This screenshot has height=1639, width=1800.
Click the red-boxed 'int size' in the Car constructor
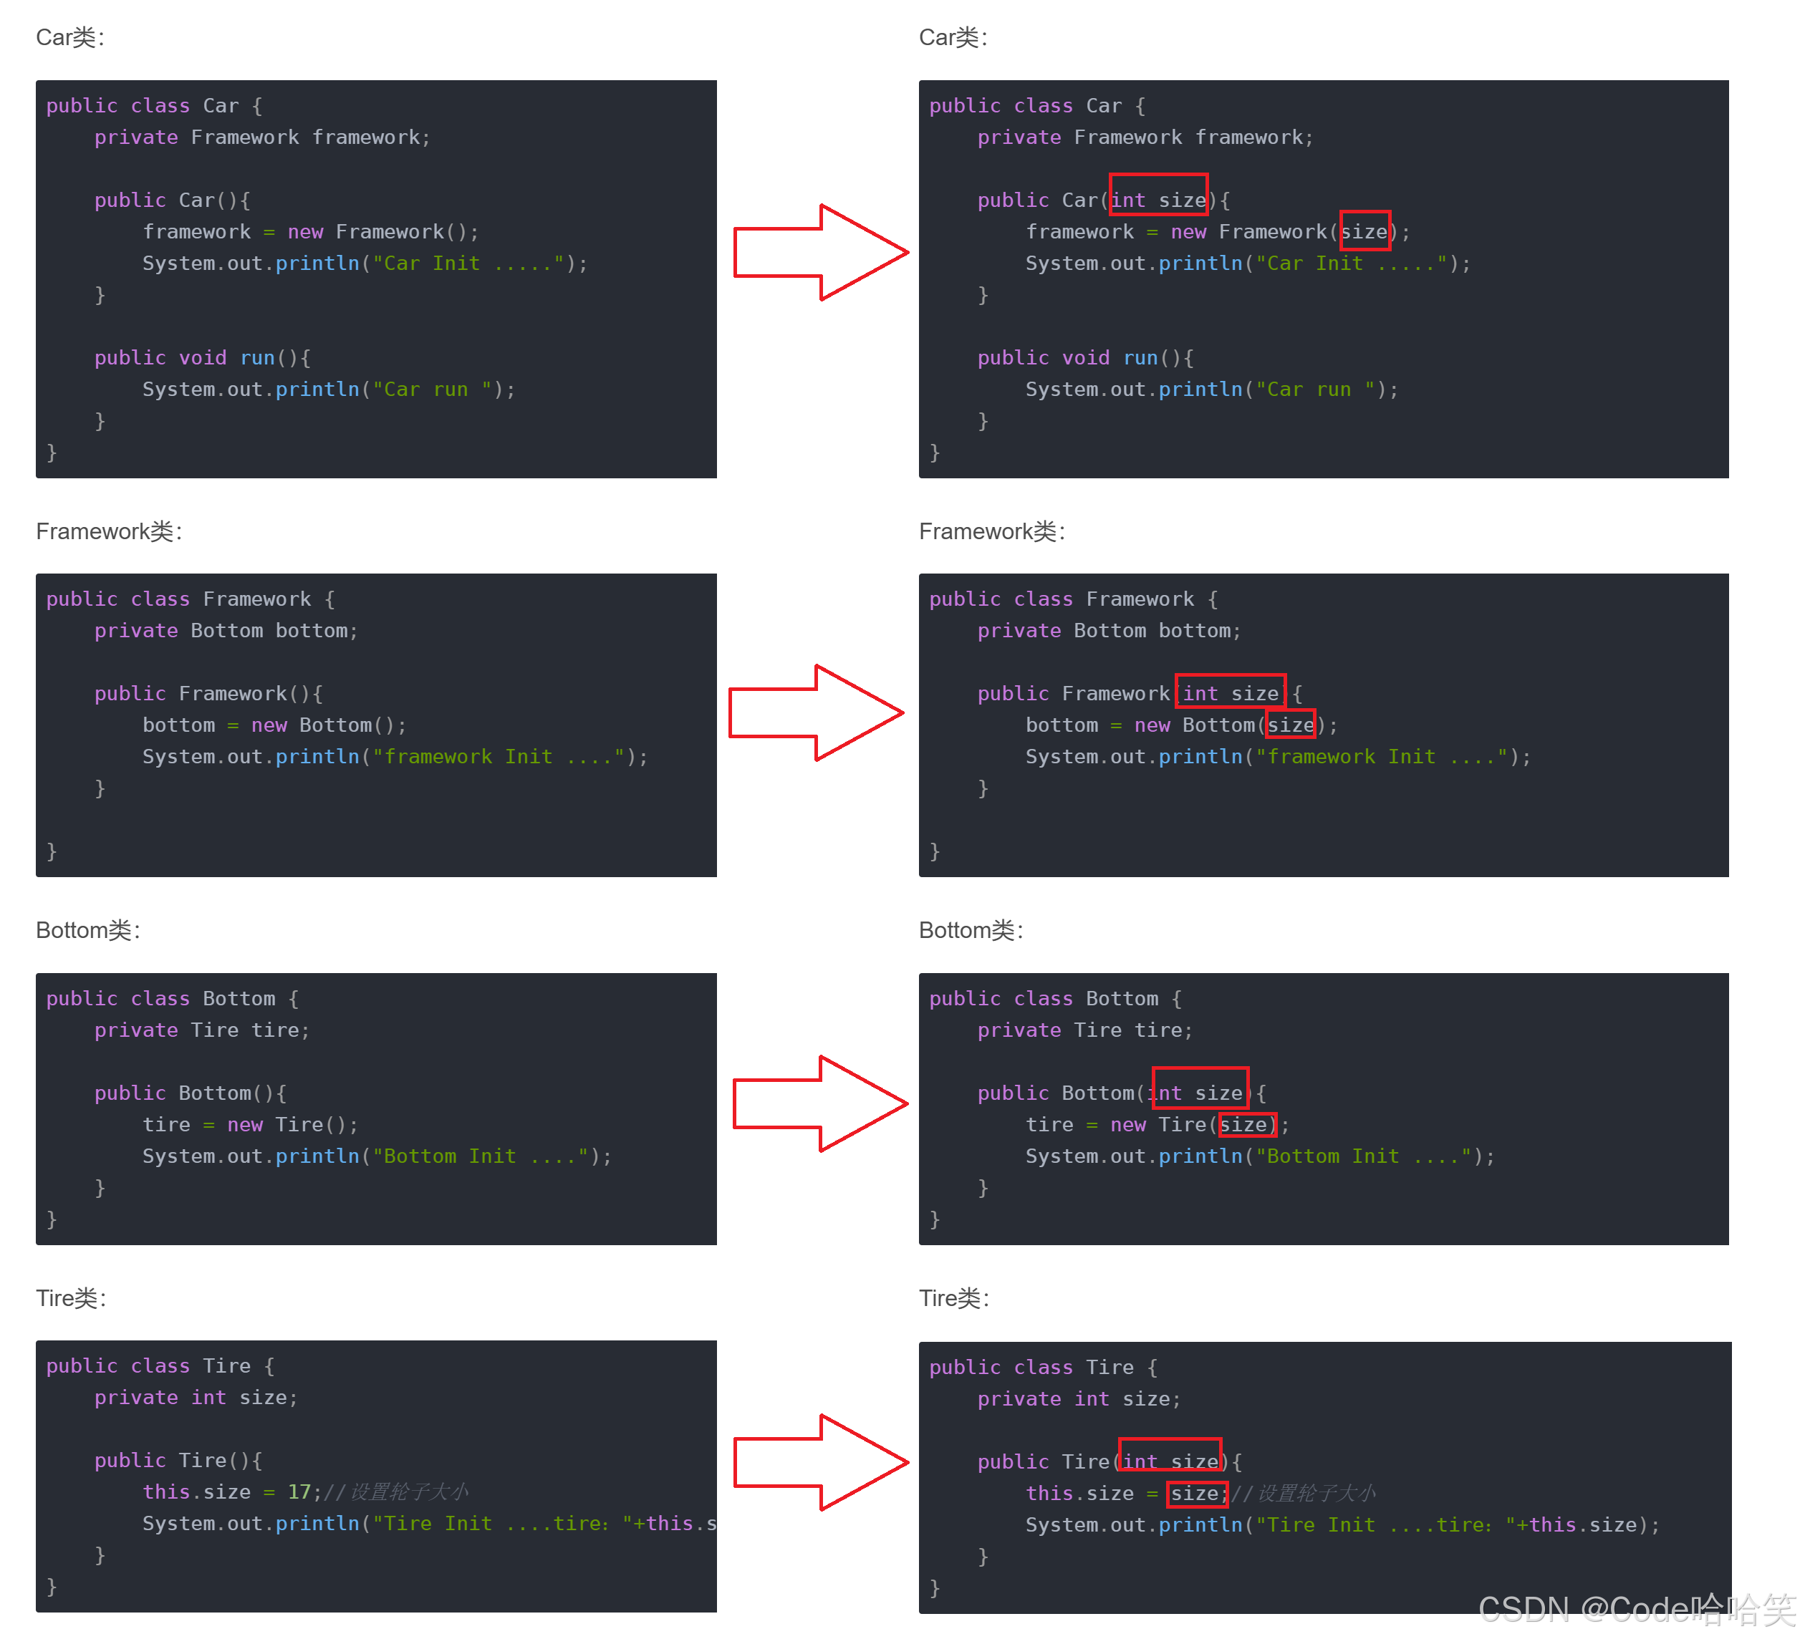[1159, 200]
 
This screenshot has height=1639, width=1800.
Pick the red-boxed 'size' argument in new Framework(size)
[1365, 232]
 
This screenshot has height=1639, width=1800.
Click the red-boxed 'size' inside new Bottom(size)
[1291, 725]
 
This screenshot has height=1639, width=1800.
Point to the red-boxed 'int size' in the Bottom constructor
[1200, 1093]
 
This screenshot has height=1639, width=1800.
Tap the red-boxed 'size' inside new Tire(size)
[1246, 1125]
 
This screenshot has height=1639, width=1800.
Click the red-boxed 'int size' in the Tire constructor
[1170, 1461]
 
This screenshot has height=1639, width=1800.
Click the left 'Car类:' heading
[70, 37]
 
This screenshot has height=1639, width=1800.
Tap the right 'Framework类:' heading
[992, 531]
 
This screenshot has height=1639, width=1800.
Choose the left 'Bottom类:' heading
[87, 930]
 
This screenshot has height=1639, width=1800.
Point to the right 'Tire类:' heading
[953, 1298]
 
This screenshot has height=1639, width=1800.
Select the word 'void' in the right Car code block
[1086, 358]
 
